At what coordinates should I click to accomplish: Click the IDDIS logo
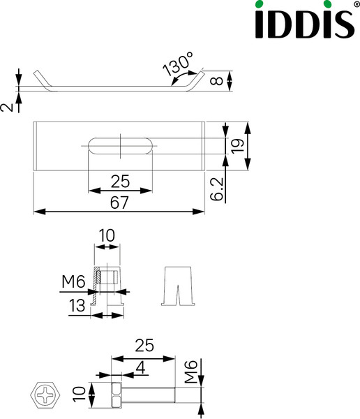click(301, 21)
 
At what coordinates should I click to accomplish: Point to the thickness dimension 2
click(6, 107)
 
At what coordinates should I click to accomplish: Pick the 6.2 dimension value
click(217, 189)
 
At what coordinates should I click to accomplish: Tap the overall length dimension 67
click(119, 202)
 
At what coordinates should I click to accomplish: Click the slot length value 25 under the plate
click(120, 182)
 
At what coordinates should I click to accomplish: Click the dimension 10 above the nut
click(107, 237)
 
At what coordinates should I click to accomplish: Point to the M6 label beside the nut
click(73, 282)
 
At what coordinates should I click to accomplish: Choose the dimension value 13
click(78, 305)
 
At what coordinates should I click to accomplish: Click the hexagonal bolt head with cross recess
click(47, 396)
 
